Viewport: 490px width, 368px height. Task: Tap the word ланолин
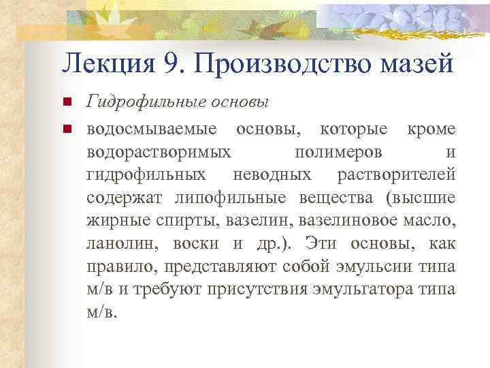tap(115, 244)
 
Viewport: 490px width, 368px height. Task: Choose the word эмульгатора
tap(376, 290)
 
